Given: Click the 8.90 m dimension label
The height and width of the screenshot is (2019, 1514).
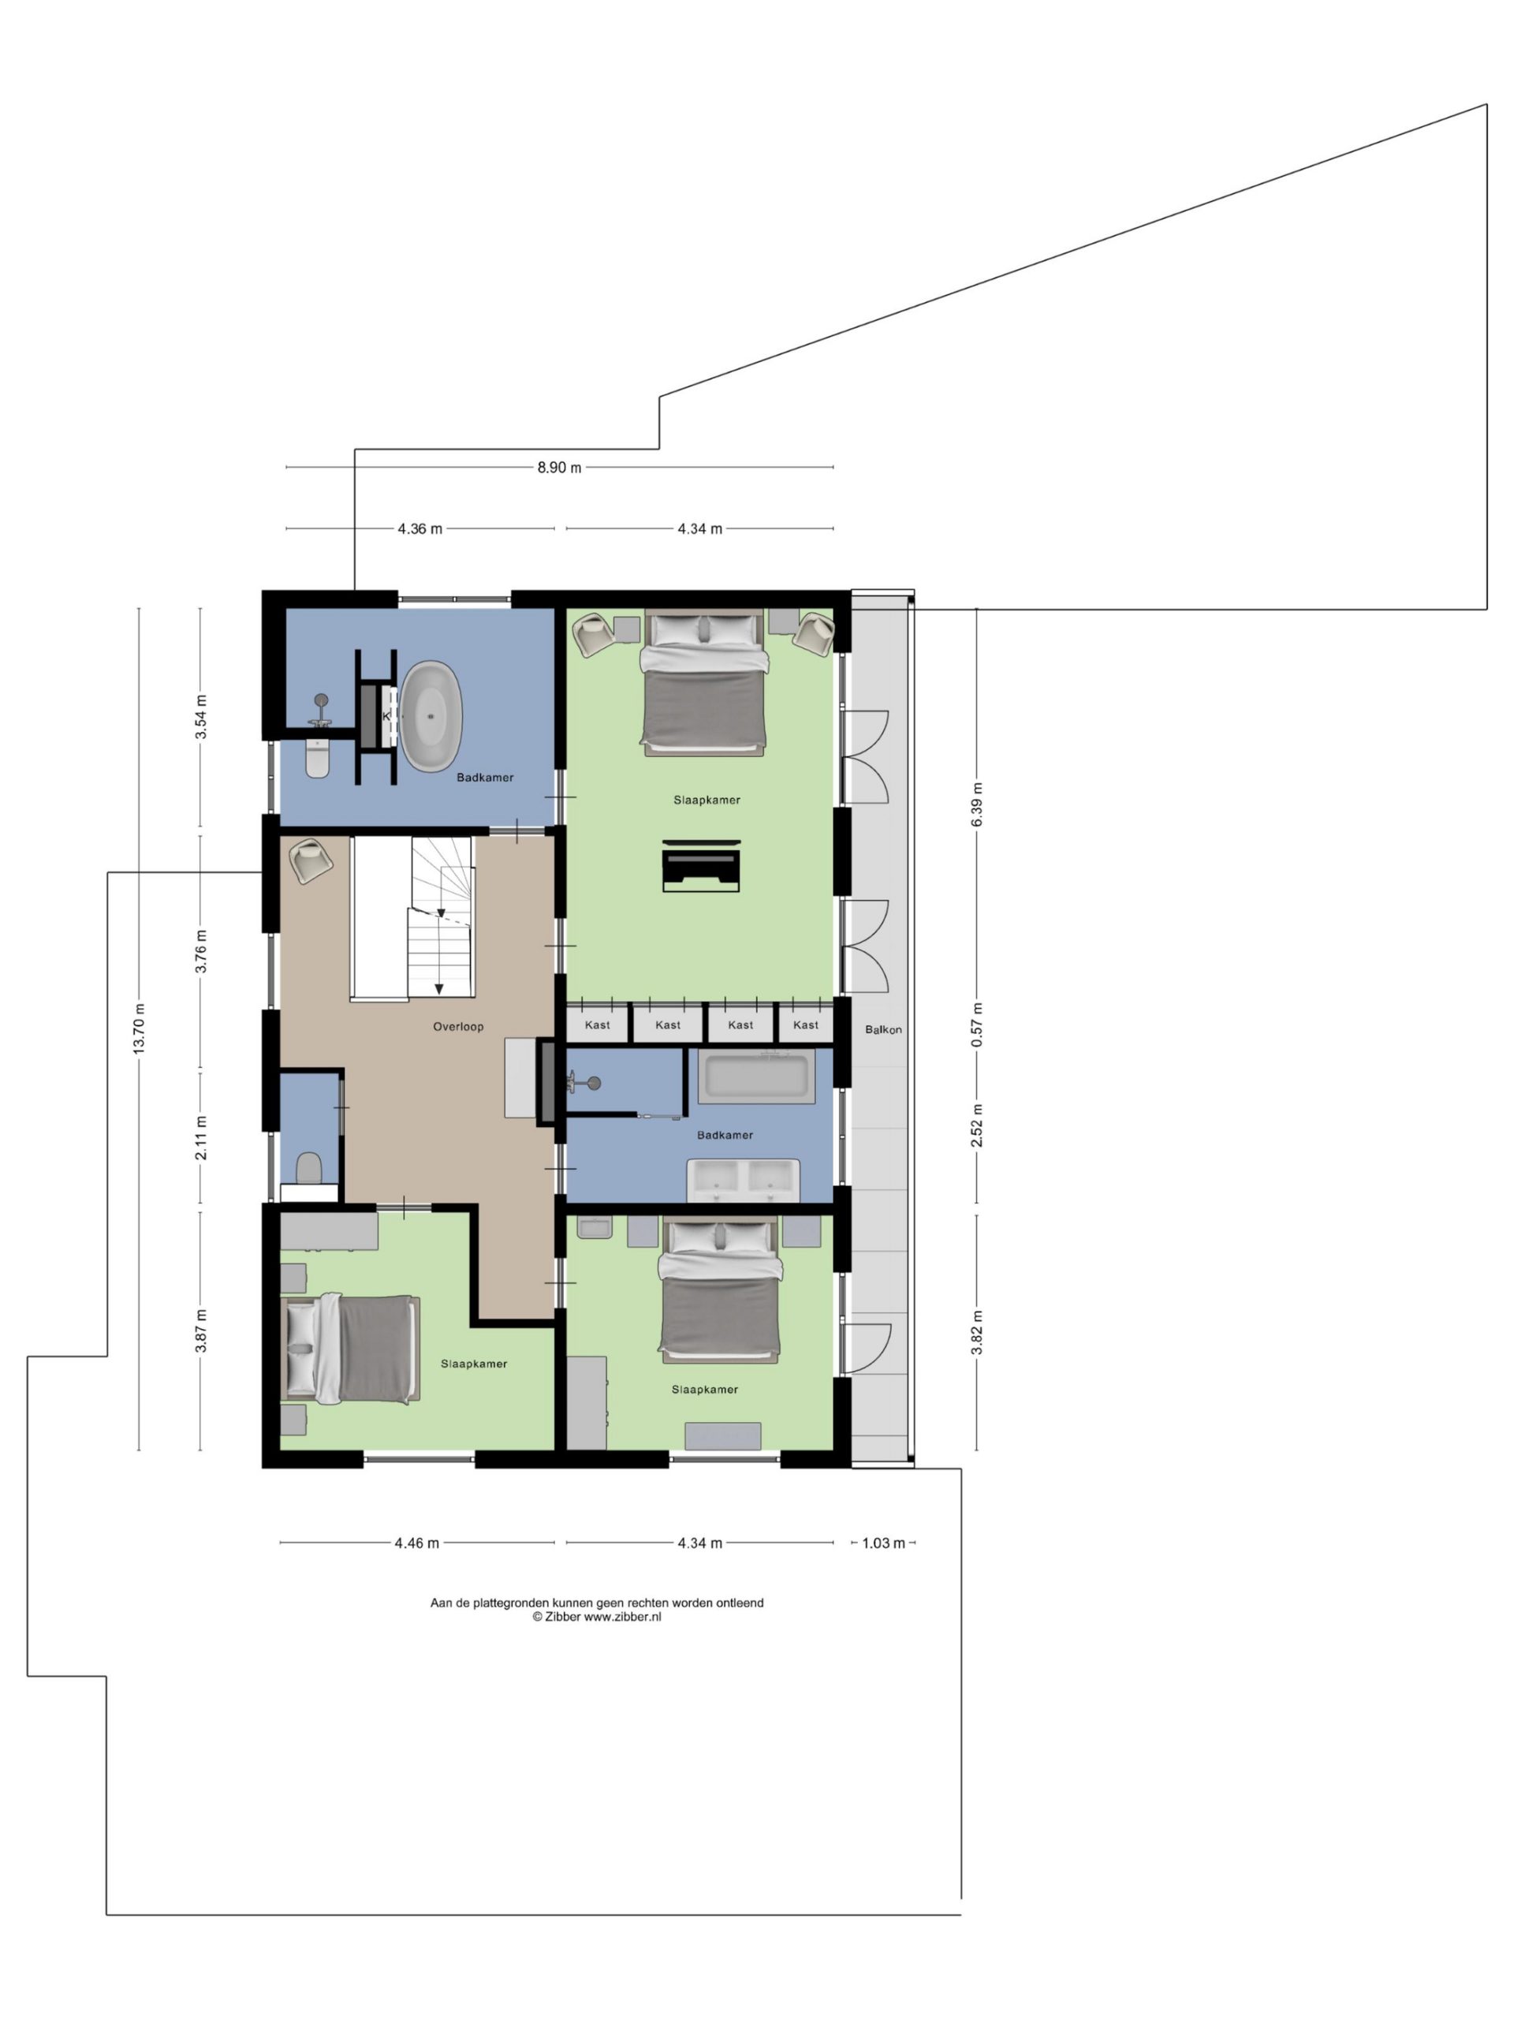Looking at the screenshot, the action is [558, 468].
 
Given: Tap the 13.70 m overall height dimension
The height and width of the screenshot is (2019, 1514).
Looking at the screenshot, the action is [139, 1028].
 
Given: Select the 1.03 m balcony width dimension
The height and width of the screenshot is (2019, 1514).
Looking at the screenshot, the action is [882, 1543].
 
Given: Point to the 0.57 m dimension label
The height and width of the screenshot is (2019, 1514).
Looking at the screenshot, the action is [976, 1024].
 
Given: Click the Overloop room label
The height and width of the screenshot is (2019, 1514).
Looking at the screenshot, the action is [458, 1026].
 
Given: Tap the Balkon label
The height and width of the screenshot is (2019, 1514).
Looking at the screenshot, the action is [882, 1028].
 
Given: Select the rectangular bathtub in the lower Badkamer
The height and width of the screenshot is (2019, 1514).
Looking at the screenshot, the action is [756, 1077].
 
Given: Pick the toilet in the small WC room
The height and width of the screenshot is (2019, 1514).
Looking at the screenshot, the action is [308, 1166].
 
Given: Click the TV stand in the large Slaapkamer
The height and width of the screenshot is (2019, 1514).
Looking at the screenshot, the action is [701, 865].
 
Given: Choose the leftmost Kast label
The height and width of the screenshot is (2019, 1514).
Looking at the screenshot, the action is [597, 1024].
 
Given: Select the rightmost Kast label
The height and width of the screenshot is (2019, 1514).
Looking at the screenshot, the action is [805, 1024].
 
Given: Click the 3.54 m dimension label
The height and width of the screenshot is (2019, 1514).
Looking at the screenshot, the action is [201, 716].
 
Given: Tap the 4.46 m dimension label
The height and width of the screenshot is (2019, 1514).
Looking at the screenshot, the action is [416, 1543].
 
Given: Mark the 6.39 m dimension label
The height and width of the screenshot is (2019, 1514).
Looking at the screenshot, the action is [976, 804].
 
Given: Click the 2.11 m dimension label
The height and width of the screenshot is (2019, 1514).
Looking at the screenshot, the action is [201, 1137].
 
